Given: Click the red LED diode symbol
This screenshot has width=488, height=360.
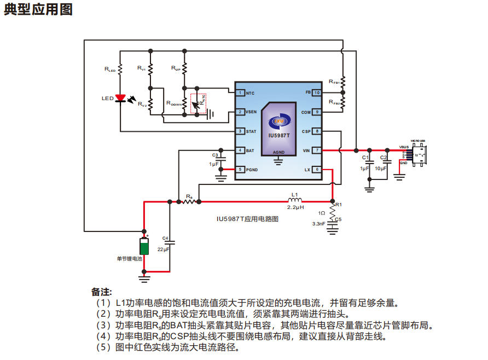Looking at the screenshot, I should tap(120, 98).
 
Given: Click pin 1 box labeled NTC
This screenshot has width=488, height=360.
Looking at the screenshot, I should tap(240, 92).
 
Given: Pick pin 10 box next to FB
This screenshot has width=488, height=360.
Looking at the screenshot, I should tap(317, 92).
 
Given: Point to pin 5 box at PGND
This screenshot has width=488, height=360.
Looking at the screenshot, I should tap(240, 170).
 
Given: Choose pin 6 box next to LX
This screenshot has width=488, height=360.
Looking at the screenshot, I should tap(317, 170).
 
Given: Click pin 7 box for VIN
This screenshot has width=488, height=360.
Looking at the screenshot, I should tap(317, 150).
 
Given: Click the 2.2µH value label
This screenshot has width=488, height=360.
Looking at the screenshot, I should tap(295, 208).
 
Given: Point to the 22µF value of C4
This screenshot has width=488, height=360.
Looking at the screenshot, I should tap(164, 249).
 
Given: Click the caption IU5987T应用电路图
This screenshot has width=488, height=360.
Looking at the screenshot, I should tap(248, 218).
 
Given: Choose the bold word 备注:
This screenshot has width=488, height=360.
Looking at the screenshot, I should tap(101, 291).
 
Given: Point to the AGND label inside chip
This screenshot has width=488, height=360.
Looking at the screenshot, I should tap(278, 152).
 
